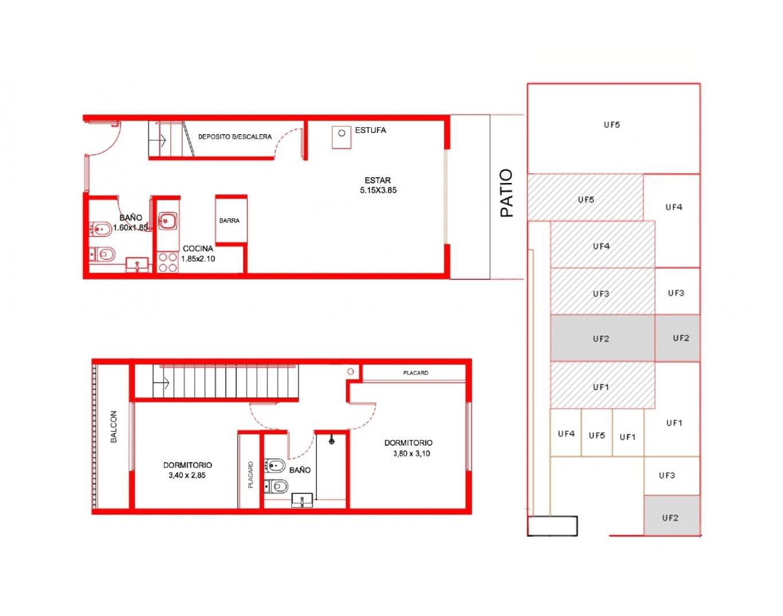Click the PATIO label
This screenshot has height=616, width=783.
pyautogui.click(x=507, y=193)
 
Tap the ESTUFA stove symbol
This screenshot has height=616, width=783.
pyautogui.click(x=341, y=137)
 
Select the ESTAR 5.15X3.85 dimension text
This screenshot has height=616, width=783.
pyautogui.click(x=378, y=190)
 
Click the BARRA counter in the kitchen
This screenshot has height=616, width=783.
pyautogui.click(x=231, y=220)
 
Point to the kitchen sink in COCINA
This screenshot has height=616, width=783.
pyautogui.click(x=167, y=220)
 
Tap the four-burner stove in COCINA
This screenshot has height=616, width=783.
pyautogui.click(x=167, y=262)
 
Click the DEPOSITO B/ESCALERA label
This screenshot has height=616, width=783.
pyautogui.click(x=235, y=137)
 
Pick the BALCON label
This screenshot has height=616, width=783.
pyautogui.click(x=114, y=426)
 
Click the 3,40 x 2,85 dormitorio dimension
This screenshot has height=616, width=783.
pyautogui.click(x=187, y=475)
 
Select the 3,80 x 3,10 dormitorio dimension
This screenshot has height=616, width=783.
pyautogui.click(x=411, y=453)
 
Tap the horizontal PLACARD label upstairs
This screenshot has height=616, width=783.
pyautogui.click(x=415, y=373)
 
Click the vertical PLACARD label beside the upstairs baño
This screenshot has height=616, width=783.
pyautogui.click(x=250, y=474)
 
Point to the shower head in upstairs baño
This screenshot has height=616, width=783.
pyautogui.click(x=332, y=441)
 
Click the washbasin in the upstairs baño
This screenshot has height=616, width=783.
pyautogui.click(x=302, y=500)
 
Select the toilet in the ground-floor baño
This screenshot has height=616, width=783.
pyautogui.click(x=102, y=254)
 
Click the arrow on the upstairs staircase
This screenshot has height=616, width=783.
pyautogui.click(x=161, y=383)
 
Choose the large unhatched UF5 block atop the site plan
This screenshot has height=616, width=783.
pyautogui.click(x=614, y=128)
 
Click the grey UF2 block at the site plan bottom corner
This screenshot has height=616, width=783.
pyautogui.click(x=672, y=515)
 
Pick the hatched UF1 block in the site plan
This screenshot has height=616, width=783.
pyautogui.click(x=602, y=385)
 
